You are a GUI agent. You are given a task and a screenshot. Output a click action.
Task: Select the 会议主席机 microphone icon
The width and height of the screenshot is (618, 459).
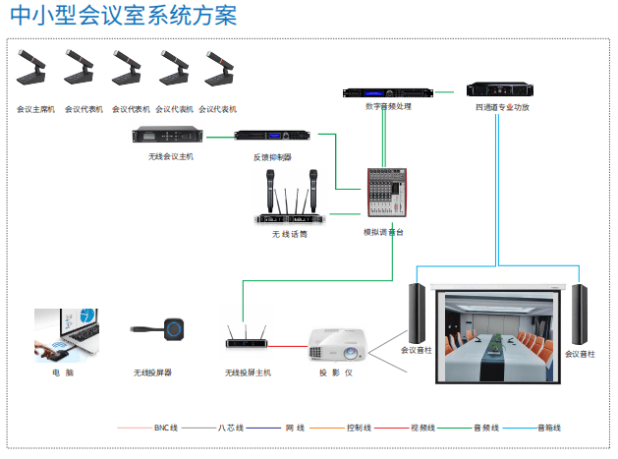point(35,71)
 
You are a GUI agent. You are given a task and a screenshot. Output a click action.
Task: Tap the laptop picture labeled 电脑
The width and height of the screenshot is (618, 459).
point(68,335)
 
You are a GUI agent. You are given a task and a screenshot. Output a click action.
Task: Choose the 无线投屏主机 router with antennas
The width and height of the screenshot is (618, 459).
point(247,338)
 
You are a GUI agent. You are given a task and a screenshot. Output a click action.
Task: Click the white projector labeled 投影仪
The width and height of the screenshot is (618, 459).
point(335,344)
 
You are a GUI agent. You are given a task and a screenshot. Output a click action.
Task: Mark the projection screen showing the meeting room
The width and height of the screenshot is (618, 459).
point(501,335)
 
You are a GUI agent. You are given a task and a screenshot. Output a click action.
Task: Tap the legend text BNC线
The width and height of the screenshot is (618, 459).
point(166,429)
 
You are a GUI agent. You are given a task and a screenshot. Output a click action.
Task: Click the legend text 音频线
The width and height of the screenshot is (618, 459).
point(487,429)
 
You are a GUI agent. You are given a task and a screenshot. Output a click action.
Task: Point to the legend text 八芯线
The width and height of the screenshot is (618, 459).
point(231,429)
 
